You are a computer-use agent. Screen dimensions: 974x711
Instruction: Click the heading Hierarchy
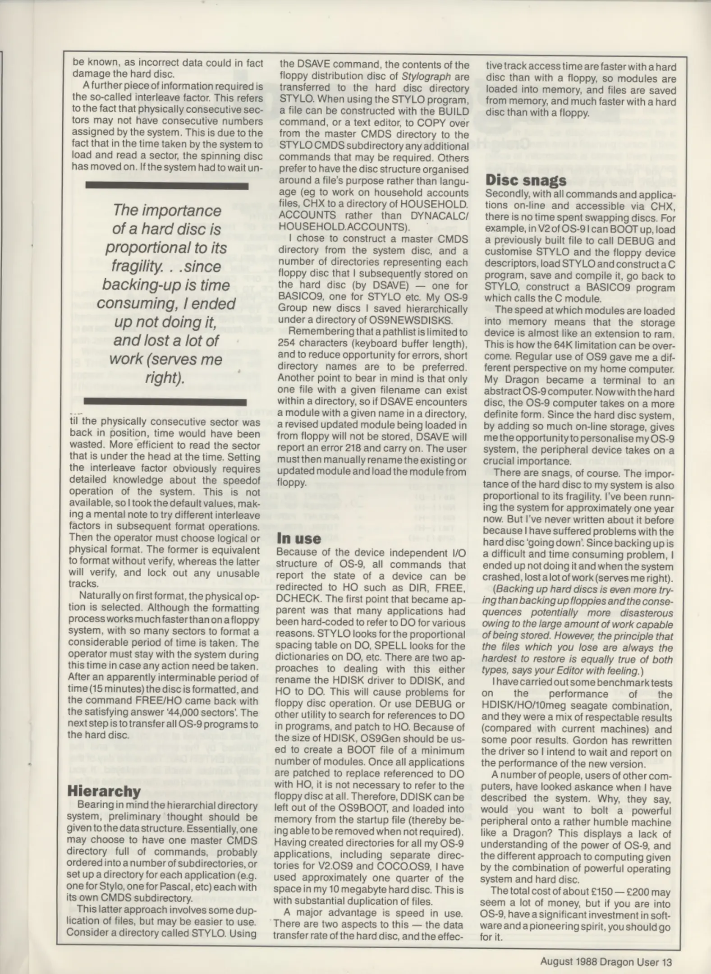click(104, 791)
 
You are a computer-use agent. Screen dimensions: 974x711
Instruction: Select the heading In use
click(298, 538)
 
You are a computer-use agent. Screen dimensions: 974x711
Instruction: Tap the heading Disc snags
click(526, 180)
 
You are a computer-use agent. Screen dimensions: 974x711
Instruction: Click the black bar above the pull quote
click(167, 186)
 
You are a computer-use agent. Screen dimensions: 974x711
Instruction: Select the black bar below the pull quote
click(165, 402)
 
